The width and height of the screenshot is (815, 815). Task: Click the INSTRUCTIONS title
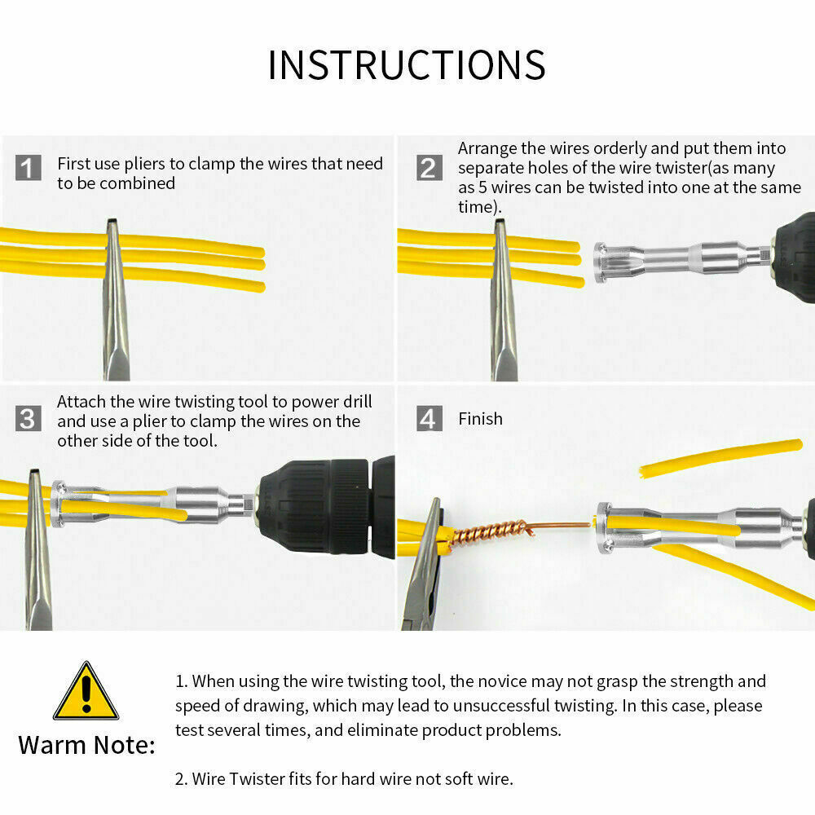click(407, 65)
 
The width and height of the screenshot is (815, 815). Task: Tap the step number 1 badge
click(29, 170)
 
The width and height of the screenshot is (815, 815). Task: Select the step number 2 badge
click(429, 168)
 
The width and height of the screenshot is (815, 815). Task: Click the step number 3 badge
click(29, 419)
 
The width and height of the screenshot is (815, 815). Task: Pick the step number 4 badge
click(429, 419)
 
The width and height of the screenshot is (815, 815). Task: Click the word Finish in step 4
click(480, 419)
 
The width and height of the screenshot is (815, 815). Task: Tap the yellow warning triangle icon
click(86, 692)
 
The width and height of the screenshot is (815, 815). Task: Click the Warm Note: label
click(86, 745)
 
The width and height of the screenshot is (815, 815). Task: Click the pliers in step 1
click(115, 310)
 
